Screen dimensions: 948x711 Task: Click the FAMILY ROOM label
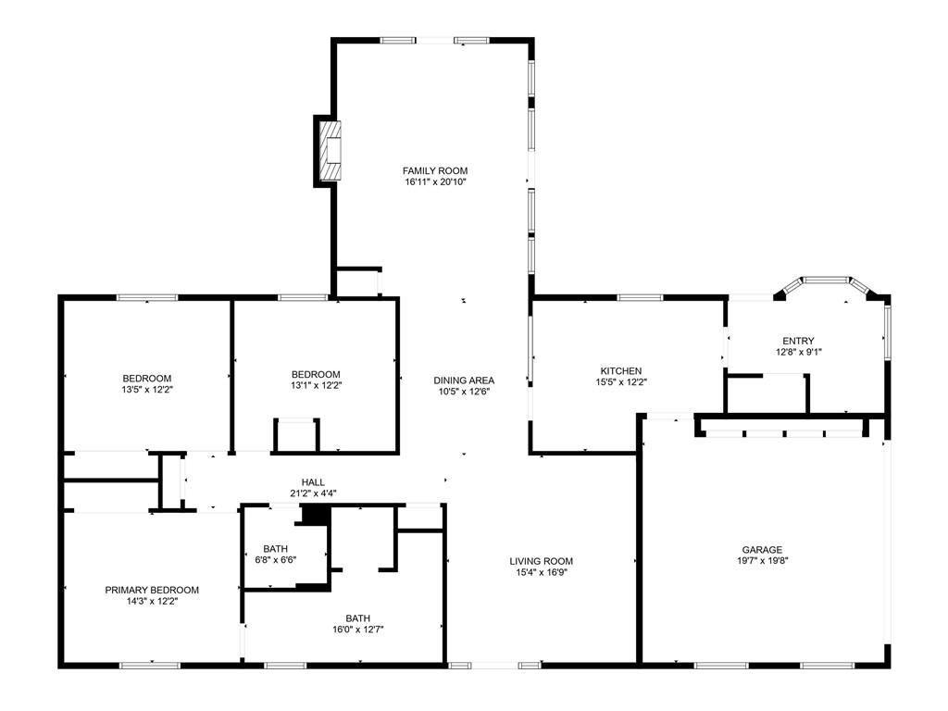coord(435,170)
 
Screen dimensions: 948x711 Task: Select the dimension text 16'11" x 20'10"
coord(435,181)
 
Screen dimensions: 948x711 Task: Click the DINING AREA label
coord(464,380)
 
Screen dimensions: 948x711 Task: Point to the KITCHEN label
coord(621,370)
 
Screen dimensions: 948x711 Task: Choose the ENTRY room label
coord(798,341)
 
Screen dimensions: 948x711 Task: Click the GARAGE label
coord(762,550)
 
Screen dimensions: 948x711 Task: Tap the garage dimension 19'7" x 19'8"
coord(762,560)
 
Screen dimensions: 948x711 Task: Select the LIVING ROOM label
coord(541,561)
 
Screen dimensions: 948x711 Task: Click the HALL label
coord(313,481)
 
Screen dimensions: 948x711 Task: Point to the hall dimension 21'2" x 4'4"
coord(313,493)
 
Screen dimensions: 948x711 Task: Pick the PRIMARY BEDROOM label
coord(152,590)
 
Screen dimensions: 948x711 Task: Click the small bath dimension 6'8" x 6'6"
coord(276,559)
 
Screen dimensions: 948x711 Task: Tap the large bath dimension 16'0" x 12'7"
coord(358,630)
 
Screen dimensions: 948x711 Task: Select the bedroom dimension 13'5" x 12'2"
coord(147,390)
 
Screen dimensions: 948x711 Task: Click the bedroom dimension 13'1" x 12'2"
coord(316,385)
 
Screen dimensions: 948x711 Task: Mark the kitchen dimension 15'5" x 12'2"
coord(621,381)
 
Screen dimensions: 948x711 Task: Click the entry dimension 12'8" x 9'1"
coord(799,351)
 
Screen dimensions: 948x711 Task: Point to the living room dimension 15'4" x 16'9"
coord(541,572)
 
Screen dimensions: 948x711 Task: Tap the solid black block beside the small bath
coord(316,515)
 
